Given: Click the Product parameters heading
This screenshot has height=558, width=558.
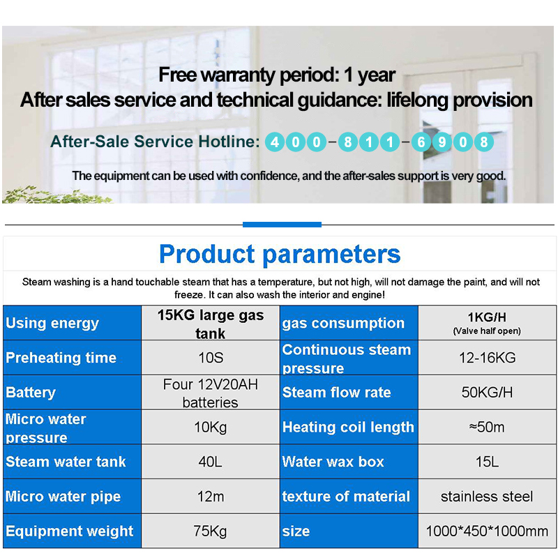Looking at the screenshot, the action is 280,254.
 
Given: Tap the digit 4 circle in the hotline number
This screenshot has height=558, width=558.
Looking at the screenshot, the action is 275,142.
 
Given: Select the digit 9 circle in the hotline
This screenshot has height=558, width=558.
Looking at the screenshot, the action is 442,142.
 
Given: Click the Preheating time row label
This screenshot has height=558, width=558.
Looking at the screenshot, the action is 61,358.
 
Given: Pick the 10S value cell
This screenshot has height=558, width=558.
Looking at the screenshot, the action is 211,358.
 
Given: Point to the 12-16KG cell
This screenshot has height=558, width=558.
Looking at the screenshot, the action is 487,358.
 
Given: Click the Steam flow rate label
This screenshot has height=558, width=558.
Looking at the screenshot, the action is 336,392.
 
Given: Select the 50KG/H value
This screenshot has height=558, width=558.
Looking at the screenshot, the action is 487,392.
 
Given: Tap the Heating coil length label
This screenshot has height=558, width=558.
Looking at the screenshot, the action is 348,427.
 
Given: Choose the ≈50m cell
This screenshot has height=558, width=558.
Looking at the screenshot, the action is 487,427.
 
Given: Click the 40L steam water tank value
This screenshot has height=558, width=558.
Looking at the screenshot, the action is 211,462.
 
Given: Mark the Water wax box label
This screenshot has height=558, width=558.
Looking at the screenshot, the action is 333,462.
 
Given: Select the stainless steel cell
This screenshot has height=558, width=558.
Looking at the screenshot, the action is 487,497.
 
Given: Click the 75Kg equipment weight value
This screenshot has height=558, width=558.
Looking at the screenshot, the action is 211,531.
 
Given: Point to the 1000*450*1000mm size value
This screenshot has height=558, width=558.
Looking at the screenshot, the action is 487,531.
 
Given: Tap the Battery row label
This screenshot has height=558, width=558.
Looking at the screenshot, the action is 31,393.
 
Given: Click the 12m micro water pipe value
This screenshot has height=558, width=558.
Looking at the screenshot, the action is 211,497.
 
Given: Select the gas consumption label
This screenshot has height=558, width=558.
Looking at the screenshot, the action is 343,324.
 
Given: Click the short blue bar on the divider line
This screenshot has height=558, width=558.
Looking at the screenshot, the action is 282,225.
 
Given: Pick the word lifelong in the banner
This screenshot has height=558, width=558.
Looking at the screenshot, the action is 417,100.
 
